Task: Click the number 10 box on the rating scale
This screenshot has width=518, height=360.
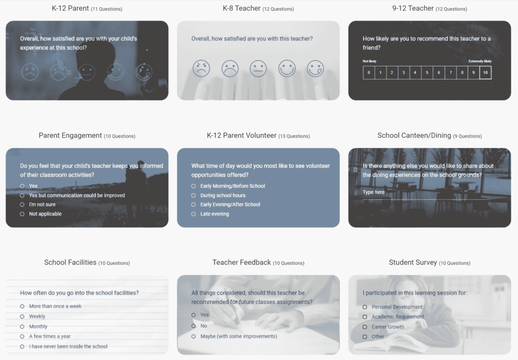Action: [x=485, y=72]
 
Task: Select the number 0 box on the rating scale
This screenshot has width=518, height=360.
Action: [x=369, y=72]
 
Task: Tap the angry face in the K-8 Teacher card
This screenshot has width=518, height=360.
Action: [x=201, y=68]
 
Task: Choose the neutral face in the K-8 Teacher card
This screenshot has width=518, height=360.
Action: [x=258, y=68]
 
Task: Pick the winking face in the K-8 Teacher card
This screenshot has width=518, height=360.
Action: [x=316, y=68]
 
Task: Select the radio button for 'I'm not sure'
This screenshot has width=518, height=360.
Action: [x=22, y=205]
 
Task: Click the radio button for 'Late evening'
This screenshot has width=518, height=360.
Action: [x=193, y=214]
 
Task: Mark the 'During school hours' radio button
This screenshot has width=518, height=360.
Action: [x=193, y=195]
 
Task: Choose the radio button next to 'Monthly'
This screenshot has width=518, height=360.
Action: [x=22, y=327]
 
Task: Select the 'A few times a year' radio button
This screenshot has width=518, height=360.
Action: [x=22, y=337]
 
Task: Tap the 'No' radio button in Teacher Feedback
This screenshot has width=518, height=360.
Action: [x=193, y=326]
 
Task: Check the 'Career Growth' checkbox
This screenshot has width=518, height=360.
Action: [x=365, y=327]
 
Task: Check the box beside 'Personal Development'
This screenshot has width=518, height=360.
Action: [x=365, y=307]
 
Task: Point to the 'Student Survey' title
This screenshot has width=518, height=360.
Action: [x=413, y=262]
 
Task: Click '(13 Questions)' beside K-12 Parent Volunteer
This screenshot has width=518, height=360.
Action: [x=294, y=136]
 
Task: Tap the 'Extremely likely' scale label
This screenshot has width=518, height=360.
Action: [x=480, y=61]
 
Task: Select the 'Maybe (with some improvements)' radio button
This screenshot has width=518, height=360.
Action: [x=193, y=336]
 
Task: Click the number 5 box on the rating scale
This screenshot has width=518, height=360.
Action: [x=427, y=72]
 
